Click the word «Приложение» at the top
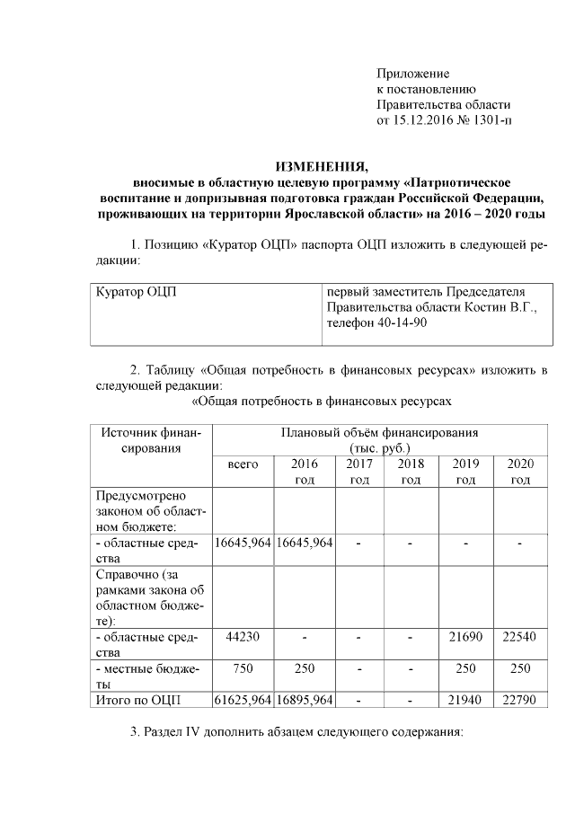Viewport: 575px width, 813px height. [x=412, y=73]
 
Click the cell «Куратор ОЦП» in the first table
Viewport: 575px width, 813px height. [x=136, y=293]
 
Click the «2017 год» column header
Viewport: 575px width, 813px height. [x=359, y=472]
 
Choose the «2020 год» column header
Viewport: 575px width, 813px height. [x=520, y=472]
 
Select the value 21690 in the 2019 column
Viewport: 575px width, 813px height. [x=465, y=637]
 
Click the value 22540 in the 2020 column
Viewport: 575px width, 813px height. [x=520, y=637]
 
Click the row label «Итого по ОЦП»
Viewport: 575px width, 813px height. [x=137, y=700]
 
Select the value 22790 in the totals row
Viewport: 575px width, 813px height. [x=520, y=700]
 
